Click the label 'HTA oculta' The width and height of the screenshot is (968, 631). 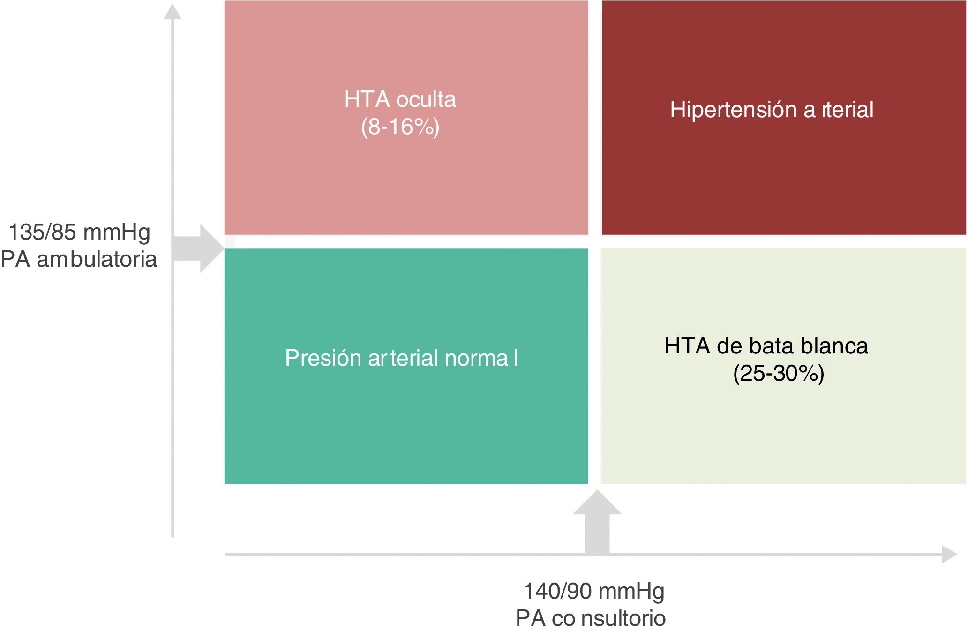click(400, 99)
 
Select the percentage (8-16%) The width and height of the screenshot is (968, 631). click(400, 127)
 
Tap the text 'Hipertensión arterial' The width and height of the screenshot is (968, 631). click(772, 110)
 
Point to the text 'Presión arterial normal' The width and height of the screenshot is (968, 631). click(401, 358)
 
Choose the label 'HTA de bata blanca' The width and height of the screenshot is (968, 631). click(766, 346)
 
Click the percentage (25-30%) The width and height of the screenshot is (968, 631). click(779, 374)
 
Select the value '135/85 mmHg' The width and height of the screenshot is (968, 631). click(79, 233)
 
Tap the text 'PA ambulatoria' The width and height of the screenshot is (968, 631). click(79, 259)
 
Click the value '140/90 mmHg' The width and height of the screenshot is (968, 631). click(594, 592)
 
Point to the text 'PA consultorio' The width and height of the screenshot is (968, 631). click(591, 618)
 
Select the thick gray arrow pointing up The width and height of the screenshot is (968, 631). click(597, 522)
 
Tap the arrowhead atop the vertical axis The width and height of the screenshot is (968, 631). click(173, 12)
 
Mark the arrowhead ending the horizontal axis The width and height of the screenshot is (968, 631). click(949, 554)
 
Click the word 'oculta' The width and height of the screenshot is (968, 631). click(426, 99)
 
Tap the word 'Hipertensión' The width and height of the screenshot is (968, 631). click(733, 110)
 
